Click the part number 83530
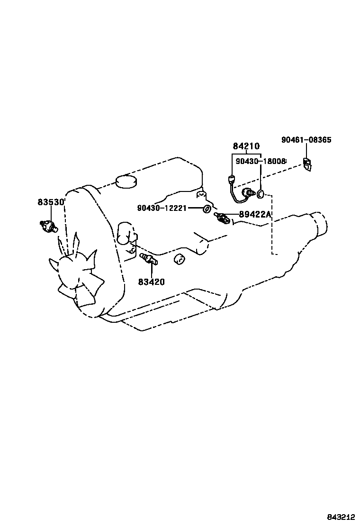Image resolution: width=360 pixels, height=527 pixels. pyautogui.click(x=51, y=202)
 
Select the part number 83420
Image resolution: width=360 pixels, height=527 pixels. pyautogui.click(x=152, y=282)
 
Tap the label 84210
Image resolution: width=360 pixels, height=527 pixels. pyautogui.click(x=246, y=147)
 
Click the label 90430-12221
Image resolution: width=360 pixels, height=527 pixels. pyautogui.click(x=162, y=208)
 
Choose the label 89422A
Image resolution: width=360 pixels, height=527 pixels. pyautogui.click(x=254, y=215)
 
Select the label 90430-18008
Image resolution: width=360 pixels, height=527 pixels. pyautogui.click(x=261, y=162)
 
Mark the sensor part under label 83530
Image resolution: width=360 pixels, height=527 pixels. pyautogui.click(x=48, y=226)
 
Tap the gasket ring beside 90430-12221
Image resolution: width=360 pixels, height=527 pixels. pyautogui.click(x=207, y=209)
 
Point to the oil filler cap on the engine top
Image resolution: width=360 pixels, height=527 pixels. pyautogui.click(x=126, y=182)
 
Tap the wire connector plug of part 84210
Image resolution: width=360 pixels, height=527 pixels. pyautogui.click(x=231, y=179)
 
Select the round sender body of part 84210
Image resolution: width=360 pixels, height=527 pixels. pyautogui.click(x=247, y=192)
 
